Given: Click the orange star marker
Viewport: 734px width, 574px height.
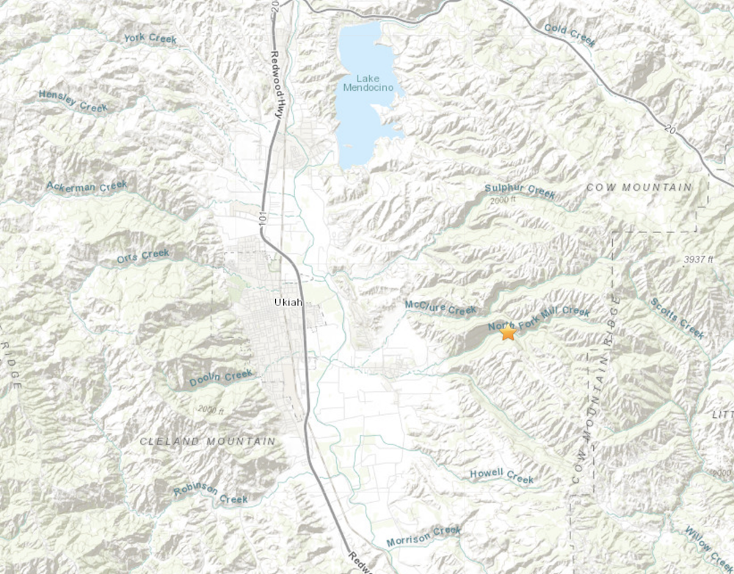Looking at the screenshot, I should tap(508, 332).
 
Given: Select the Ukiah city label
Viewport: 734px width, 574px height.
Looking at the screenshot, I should tap(288, 302).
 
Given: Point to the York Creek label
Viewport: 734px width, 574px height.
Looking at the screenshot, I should tap(150, 38).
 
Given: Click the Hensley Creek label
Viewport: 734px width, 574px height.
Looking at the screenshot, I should tap(73, 101).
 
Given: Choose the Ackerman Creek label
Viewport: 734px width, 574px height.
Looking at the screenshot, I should tap(87, 186).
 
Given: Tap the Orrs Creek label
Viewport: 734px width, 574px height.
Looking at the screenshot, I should tap(143, 256).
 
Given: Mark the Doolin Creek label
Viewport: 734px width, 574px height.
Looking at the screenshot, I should tap(221, 378).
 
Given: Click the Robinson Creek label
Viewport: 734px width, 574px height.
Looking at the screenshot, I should tap(211, 494).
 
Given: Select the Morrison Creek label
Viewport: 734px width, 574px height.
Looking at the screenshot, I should tap(424, 536).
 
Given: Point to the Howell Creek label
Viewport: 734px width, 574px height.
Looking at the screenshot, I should tap(501, 476).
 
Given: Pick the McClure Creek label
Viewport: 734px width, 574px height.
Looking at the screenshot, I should tap(440, 308).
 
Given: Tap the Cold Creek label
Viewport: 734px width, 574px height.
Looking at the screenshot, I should tap(570, 34).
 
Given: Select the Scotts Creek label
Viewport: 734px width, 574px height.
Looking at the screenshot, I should tap(677, 318).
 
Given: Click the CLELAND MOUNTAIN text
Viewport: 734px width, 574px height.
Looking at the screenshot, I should tap(208, 441).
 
